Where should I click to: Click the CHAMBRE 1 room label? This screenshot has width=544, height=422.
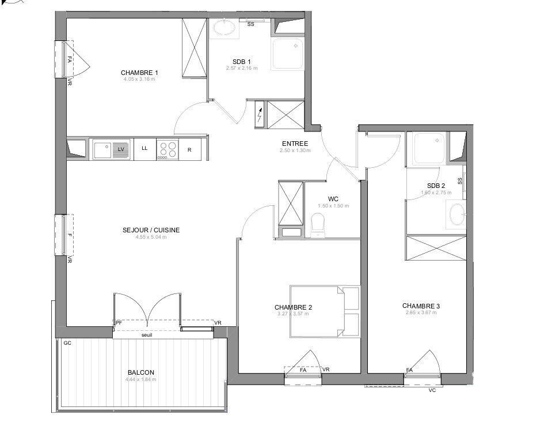click(139, 73)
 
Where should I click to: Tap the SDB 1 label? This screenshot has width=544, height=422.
click(241, 62)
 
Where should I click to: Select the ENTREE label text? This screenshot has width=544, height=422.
click(295, 144)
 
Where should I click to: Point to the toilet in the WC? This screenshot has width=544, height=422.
click(318, 224)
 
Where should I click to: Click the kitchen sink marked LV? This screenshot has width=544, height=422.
click(112, 149)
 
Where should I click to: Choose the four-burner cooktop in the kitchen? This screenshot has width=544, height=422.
click(168, 149)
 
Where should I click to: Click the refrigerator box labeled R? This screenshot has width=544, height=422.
click(189, 149)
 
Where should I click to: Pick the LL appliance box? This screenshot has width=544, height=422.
click(144, 149)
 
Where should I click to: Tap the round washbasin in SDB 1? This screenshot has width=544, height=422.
click(223, 28)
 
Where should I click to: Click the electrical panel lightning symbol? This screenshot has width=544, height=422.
click(260, 115)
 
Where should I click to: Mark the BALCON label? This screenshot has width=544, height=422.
click(140, 372)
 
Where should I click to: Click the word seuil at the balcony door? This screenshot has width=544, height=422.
click(147, 335)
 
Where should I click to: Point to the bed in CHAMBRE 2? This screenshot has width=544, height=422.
click(324, 311)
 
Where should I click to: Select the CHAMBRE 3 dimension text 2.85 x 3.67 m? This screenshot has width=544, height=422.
click(421, 313)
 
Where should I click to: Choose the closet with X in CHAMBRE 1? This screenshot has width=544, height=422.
click(194, 47)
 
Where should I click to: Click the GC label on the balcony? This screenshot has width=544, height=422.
click(67, 343)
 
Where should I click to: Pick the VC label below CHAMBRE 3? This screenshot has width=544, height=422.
click(432, 390)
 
